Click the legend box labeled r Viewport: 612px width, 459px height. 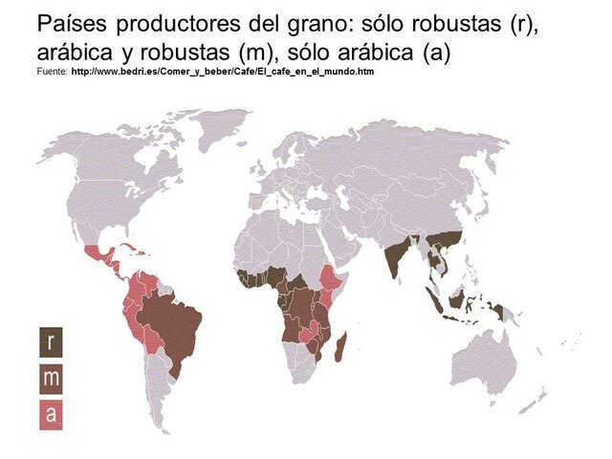click(x=51, y=342)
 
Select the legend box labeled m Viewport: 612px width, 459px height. click(x=51, y=378)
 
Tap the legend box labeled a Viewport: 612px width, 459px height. click(x=51, y=413)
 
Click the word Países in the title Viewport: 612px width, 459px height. click(x=71, y=23)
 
